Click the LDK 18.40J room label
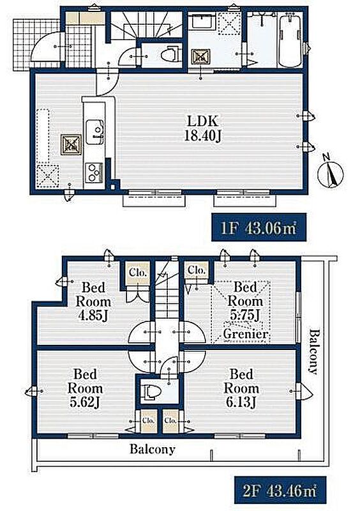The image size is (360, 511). point(202,128)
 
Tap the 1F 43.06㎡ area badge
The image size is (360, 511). point(259,227)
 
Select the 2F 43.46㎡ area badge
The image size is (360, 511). point(280,491)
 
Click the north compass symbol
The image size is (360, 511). point(331,174)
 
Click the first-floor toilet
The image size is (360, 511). point(170,54)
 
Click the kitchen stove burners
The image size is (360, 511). point(94,172)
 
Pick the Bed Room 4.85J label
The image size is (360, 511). point(93,301)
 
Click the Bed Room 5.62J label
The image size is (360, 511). point(86,388)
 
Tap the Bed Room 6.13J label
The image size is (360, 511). point(241,388)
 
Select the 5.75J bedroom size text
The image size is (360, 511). point(245,315)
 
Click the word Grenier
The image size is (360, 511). point(246,333)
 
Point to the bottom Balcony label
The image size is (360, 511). point(153,449)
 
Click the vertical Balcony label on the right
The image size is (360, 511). point(313,352)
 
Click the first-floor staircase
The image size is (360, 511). point(146,24)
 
